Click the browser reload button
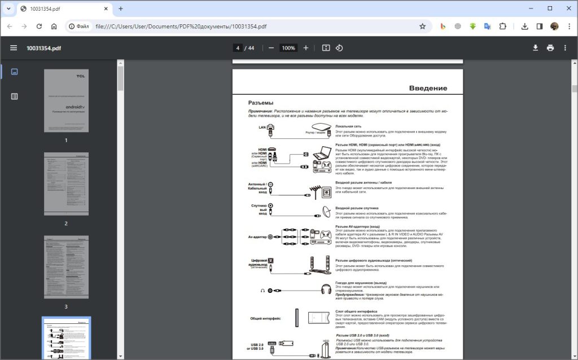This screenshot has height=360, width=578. point(39,26)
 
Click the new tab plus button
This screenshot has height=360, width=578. point(120,8)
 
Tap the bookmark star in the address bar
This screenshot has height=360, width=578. point(422,26)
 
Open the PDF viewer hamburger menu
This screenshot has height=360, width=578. point(14,48)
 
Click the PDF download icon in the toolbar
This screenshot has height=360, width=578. point(535,48)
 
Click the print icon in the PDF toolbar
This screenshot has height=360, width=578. point(550,48)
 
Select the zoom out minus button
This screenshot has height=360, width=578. point(271,48)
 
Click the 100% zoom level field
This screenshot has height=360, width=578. point(288,48)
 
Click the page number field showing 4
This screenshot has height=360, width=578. point(238,48)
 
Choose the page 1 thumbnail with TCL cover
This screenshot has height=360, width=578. point(66,101)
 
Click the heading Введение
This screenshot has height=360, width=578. point(428,88)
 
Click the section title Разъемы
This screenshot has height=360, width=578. point(261,103)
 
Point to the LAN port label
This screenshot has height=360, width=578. point(262,128)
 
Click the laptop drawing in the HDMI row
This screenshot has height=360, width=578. point(323,152)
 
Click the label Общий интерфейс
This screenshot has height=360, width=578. point(266,318)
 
